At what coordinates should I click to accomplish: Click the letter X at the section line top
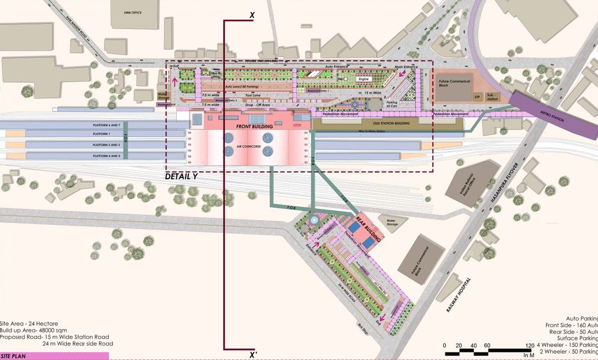point(252,15)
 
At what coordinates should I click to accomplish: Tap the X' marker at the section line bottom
point(253,355)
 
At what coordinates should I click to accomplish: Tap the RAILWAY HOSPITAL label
point(459,295)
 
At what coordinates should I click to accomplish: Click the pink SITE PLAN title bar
point(46,356)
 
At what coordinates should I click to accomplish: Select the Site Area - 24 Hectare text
point(29,324)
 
